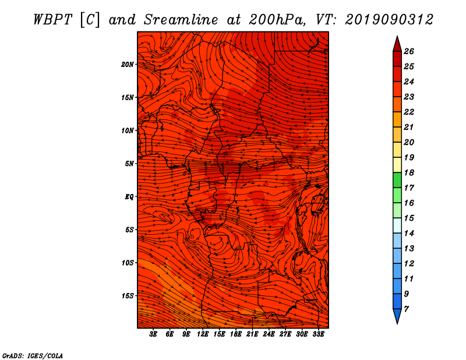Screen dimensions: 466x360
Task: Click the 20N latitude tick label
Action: tap(127, 65)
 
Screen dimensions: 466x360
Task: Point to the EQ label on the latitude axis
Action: tap(129, 197)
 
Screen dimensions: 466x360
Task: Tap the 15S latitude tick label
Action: tap(128, 296)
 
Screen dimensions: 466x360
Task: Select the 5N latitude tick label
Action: tap(129, 164)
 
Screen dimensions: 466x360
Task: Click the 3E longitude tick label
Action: tap(153, 334)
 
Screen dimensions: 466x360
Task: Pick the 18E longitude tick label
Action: tap(236, 334)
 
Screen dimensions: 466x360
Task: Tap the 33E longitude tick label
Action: tap(318, 334)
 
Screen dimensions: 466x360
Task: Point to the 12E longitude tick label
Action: tap(203, 334)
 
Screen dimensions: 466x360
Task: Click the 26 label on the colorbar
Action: tap(409, 51)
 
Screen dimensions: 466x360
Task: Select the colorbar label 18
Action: tap(409, 172)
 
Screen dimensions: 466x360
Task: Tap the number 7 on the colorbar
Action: tap(406, 309)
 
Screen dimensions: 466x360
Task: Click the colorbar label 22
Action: tap(409, 112)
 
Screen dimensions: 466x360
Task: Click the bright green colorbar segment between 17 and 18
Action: tap(397, 180)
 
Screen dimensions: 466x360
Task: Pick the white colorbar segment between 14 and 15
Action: tap(397, 225)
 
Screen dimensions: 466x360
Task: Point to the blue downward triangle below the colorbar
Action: tap(397, 315)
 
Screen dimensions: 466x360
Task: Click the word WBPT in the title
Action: tap(52, 20)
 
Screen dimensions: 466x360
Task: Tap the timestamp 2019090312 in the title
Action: tap(389, 20)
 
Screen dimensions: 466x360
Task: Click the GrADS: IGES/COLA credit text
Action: tap(33, 356)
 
